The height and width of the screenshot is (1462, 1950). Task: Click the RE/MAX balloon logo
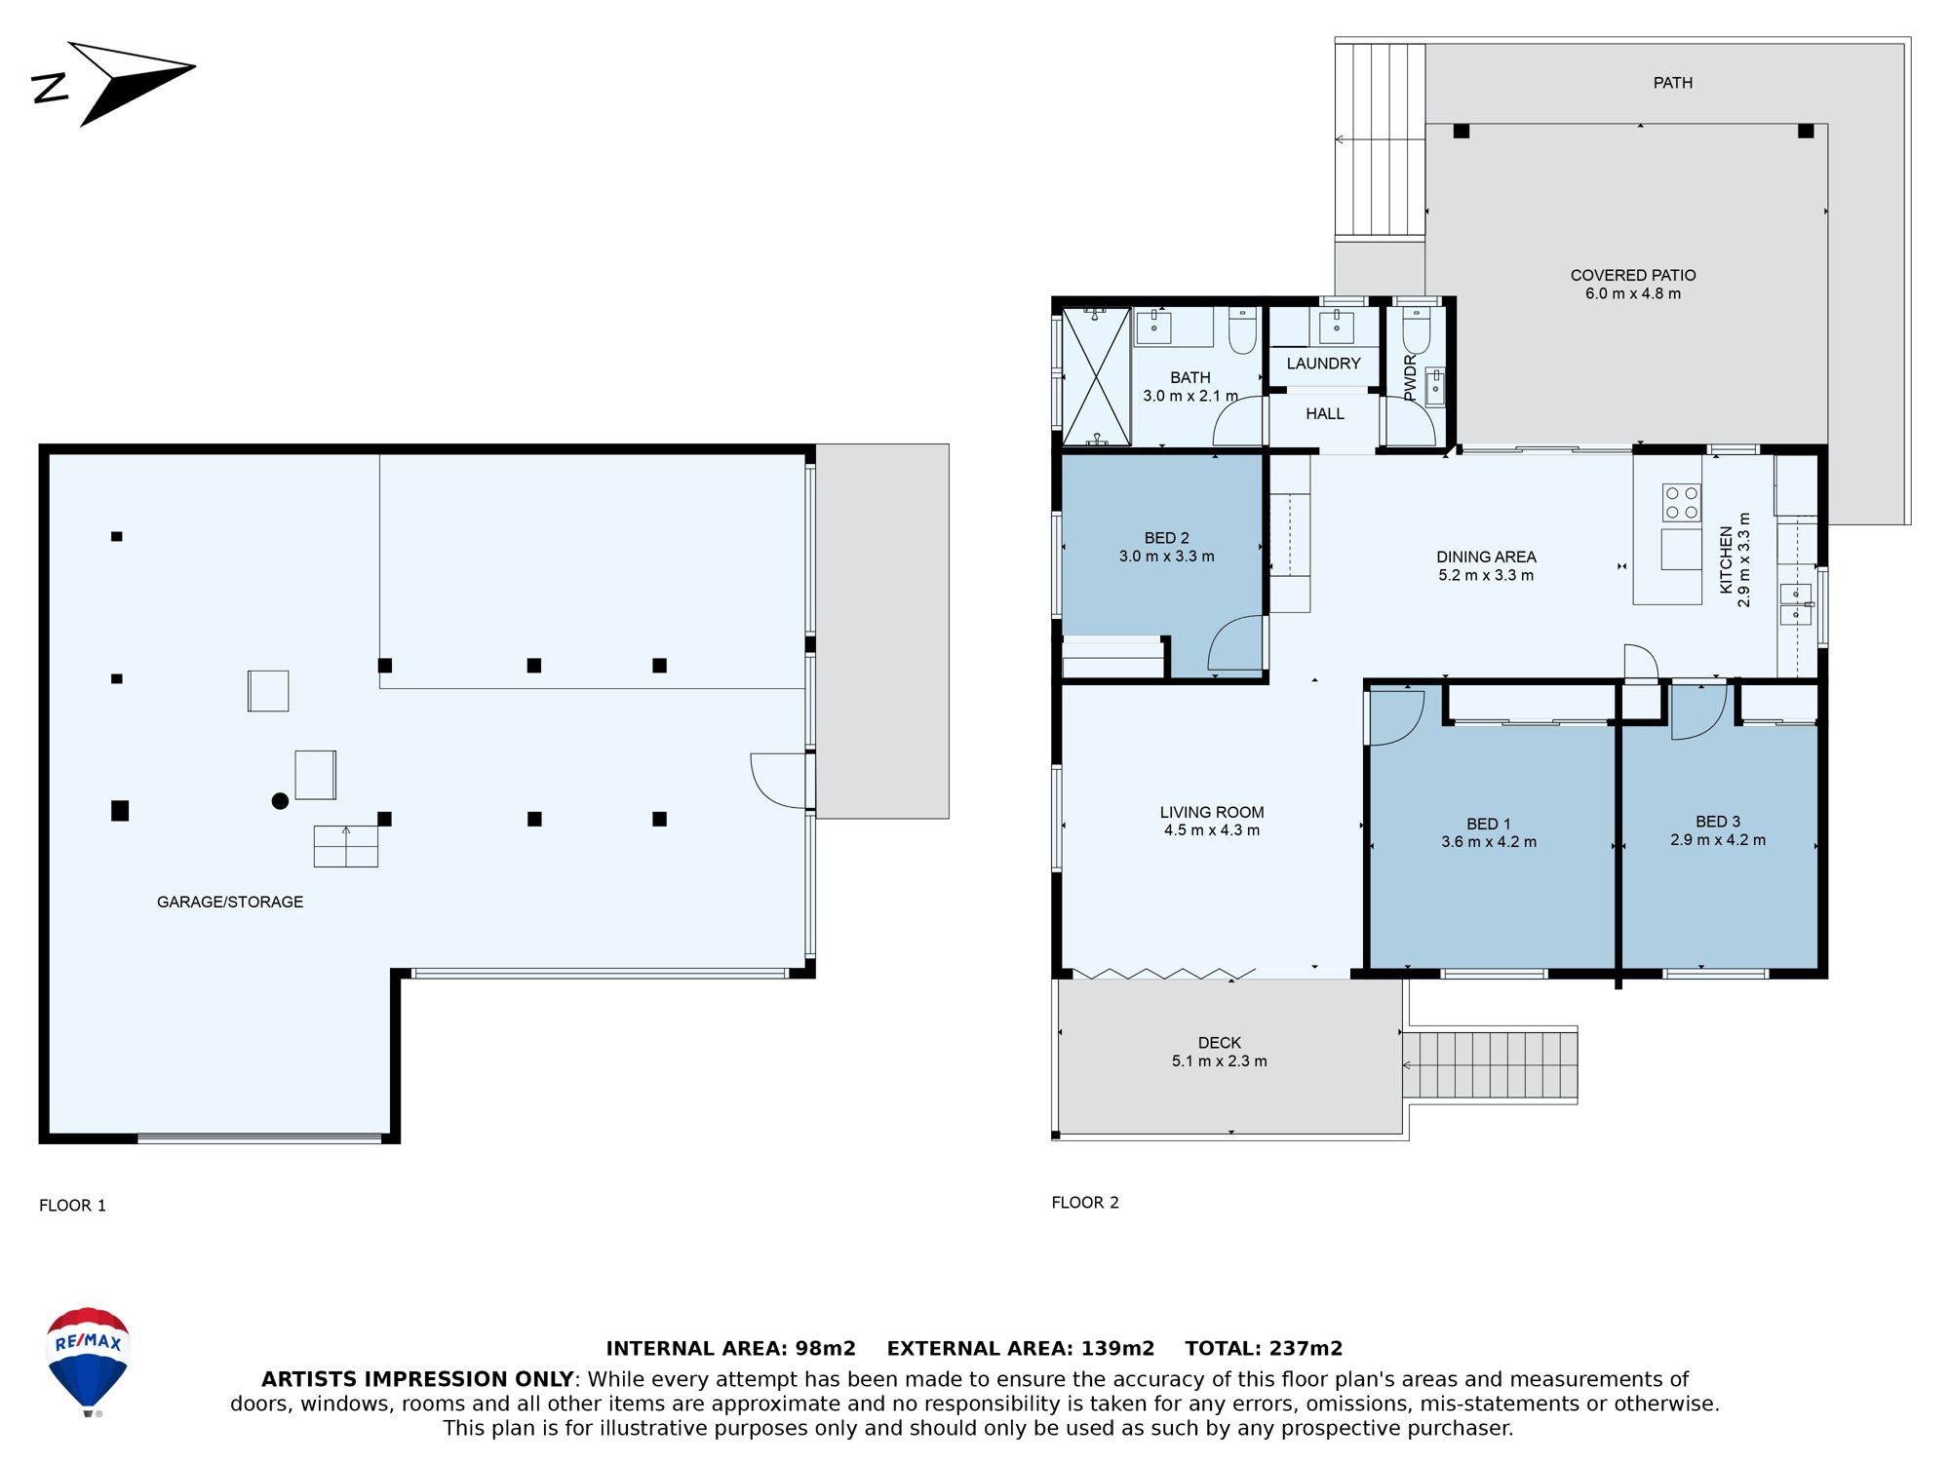[x=88, y=1361]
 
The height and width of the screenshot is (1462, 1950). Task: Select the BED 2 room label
[x=1166, y=538]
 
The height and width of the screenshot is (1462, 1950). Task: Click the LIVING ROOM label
[x=1212, y=812]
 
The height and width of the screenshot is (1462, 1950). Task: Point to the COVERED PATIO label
[x=1633, y=275]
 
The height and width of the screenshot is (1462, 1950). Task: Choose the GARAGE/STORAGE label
[x=230, y=902]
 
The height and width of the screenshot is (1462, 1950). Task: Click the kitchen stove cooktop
[x=1682, y=503]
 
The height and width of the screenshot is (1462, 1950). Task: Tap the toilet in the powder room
[x=1416, y=330]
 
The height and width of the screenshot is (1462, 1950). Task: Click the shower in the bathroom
[x=1096, y=376]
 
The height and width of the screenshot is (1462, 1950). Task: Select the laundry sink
[x=1336, y=327]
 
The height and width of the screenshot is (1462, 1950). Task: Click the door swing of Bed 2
[x=1235, y=642]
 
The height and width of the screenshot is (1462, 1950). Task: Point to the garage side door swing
[x=779, y=781]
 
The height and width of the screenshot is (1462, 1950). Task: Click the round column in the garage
[x=280, y=801]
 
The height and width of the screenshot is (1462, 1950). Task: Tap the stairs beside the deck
[x=1490, y=1065]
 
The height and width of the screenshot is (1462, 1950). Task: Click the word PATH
[x=1672, y=83]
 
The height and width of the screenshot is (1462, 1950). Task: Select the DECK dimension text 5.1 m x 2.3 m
[x=1219, y=1060]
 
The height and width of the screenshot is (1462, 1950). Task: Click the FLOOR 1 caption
[x=72, y=1206]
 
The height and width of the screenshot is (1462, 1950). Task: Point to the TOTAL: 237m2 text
[x=1264, y=1348]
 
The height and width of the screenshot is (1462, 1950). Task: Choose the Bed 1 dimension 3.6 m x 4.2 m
[x=1489, y=842]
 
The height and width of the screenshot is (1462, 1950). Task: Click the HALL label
[x=1324, y=414]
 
